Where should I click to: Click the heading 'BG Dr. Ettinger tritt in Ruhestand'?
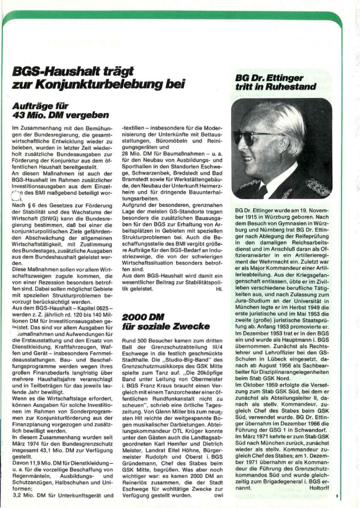(x=276, y=82)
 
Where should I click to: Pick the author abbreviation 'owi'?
(x=216, y=496)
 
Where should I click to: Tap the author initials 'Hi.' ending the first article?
(x=219, y=290)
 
